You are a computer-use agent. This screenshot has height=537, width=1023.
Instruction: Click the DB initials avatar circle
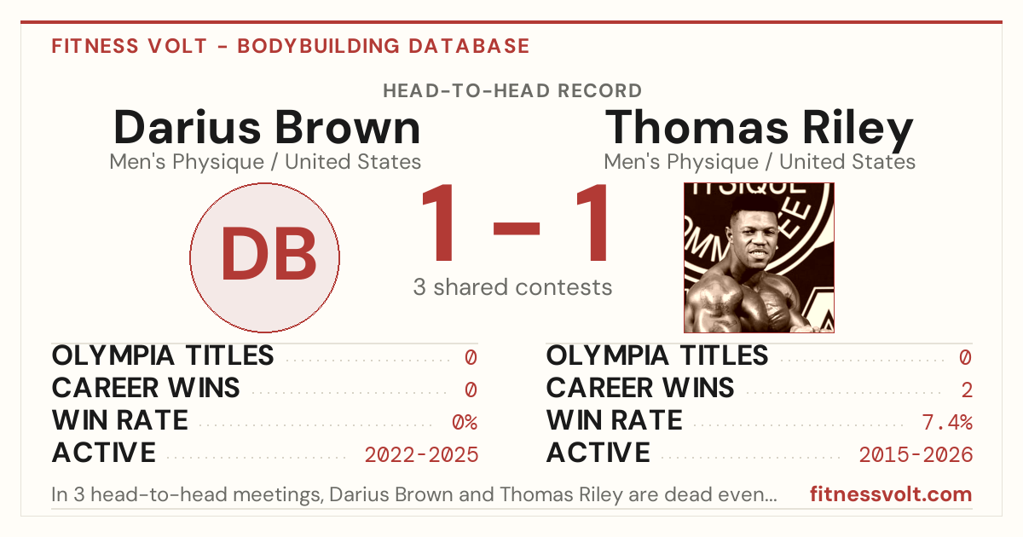[264, 257]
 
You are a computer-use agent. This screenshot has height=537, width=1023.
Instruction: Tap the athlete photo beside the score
[759, 257]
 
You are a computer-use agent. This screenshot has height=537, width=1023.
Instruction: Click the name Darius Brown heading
[267, 128]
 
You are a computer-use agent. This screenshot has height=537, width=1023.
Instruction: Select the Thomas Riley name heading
[759, 130]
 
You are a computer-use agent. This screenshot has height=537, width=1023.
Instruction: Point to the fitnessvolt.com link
[891, 494]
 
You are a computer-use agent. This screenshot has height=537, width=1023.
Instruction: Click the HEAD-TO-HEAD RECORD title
[512, 91]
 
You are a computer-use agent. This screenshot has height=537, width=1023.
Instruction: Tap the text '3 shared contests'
[512, 287]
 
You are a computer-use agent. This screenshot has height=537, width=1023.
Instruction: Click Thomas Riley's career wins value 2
[967, 390]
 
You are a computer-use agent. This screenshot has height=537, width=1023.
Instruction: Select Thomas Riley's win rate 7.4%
[947, 423]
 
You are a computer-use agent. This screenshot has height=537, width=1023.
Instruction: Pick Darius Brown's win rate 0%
[465, 423]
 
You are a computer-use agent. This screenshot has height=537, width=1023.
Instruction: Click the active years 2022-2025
[421, 455]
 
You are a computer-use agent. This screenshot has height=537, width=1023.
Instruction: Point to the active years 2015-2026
[916, 455]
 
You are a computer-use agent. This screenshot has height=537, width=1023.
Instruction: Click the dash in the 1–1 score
[517, 228]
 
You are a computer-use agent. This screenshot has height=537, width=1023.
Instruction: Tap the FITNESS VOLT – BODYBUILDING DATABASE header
[291, 46]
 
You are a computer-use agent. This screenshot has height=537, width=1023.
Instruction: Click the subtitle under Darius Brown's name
[265, 162]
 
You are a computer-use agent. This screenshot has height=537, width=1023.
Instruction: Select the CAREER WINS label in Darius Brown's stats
[146, 388]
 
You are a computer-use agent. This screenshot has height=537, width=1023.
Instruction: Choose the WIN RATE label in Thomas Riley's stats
[615, 420]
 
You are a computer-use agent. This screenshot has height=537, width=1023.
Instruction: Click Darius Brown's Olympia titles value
[471, 357]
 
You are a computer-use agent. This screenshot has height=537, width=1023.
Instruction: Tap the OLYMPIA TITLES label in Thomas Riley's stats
[657, 355]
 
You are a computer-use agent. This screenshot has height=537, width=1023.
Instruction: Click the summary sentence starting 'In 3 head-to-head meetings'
[414, 494]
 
